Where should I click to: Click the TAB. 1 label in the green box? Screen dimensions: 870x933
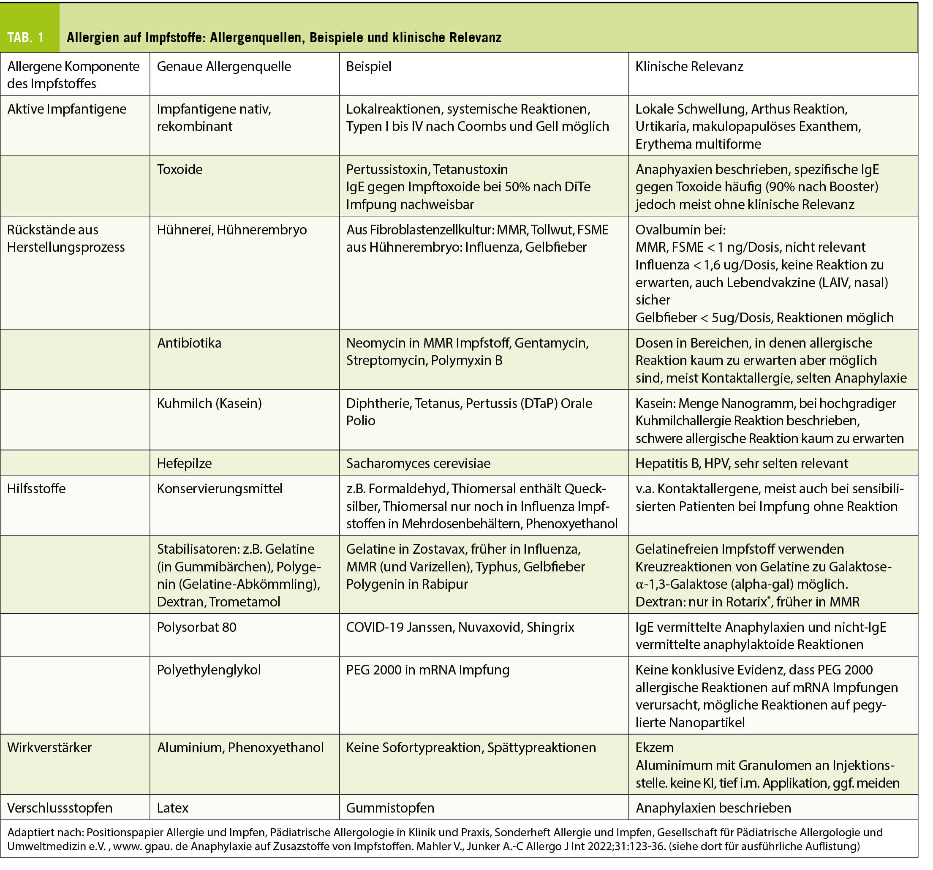tap(26, 38)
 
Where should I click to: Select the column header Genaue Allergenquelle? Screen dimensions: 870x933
tap(223, 66)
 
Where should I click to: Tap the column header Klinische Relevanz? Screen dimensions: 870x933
tap(689, 66)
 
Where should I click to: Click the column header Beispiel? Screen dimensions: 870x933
tap(368, 66)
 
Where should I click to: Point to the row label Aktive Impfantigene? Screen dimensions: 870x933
tap(67, 109)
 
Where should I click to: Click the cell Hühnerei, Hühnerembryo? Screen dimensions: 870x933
tap(231, 229)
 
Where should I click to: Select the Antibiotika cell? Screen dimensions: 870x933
tap(189, 343)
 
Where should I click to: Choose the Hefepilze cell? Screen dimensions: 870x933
tap(184, 463)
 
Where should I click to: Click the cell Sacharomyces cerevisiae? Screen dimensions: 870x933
tap(418, 463)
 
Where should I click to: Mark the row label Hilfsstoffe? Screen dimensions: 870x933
tap(36, 489)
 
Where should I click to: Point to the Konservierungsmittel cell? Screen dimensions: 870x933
tap(219, 489)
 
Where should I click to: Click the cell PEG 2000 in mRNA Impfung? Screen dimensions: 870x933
tap(427, 670)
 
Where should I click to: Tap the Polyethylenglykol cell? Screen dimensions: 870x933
tap(208, 670)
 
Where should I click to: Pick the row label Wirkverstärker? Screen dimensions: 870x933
tap(49, 748)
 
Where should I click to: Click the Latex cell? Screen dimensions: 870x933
tap(172, 807)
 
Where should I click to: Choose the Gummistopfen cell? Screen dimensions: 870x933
tap(389, 807)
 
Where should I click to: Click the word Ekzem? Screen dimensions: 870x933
tap(654, 748)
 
